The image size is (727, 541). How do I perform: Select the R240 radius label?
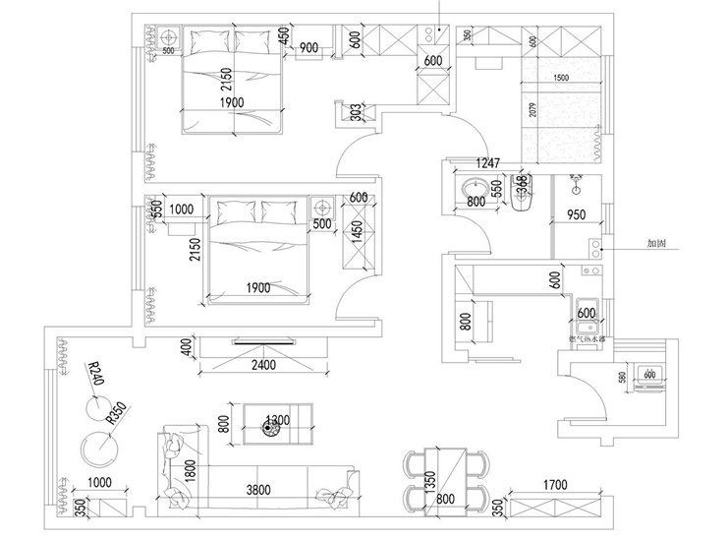coord(95,375)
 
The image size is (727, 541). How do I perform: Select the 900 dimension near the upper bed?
coord(307,47)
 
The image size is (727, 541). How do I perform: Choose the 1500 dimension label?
coord(560,78)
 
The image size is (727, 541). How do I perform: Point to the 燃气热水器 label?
coord(587,338)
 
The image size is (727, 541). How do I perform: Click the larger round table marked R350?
coord(98,448)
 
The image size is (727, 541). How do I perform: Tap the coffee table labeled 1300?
coord(270,424)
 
